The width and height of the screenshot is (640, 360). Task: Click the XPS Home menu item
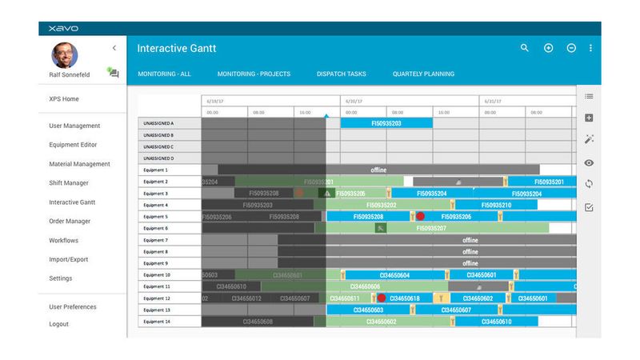tap(64, 99)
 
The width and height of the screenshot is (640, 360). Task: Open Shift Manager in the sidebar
tap(70, 183)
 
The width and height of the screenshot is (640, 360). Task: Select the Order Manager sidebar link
tap(70, 222)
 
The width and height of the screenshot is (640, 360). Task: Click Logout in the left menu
tap(58, 324)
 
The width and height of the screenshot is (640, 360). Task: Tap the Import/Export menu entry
tap(70, 259)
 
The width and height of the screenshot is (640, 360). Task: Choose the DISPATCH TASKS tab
tap(341, 74)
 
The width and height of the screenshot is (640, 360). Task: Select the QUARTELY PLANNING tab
tap(422, 74)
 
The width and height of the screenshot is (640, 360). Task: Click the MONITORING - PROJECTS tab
tap(254, 74)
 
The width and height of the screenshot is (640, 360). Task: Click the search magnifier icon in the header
tap(525, 48)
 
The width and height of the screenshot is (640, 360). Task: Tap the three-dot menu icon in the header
tap(591, 48)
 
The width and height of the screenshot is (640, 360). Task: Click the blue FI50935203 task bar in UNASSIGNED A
tap(386, 124)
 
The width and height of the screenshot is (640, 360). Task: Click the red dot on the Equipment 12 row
tap(381, 298)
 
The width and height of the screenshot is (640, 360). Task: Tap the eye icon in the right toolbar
tap(589, 162)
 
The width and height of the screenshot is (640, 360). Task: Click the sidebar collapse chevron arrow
tap(114, 48)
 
